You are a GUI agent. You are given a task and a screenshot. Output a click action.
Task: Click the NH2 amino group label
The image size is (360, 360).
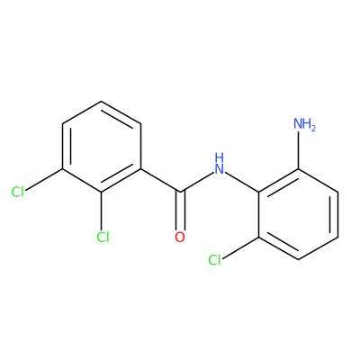(304, 124)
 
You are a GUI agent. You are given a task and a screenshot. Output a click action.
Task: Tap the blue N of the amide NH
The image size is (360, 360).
(220, 168)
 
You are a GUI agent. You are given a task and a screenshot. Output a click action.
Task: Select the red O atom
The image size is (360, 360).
(180, 237)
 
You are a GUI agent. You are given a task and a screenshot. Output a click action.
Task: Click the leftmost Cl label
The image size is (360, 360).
(18, 192)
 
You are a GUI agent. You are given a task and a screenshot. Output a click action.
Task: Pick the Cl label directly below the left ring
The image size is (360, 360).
(103, 237)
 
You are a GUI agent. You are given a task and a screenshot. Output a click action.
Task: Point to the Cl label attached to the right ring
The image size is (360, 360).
(214, 260)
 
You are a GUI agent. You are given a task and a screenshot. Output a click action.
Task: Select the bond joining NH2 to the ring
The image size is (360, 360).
(299, 150)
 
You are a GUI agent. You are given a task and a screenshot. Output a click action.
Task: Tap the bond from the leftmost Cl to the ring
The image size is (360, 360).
(44, 180)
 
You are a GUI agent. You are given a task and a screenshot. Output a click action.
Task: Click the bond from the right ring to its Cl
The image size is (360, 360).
(240, 248)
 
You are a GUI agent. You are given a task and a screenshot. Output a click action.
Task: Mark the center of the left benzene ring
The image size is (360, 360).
(102, 147)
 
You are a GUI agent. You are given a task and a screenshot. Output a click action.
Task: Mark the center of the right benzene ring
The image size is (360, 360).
(299, 214)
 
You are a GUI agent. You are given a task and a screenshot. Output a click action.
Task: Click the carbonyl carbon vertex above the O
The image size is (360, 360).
(180, 192)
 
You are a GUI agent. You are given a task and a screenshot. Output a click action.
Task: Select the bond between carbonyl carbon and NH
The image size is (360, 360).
(197, 182)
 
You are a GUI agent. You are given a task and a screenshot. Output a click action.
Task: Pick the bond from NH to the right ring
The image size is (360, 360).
(242, 182)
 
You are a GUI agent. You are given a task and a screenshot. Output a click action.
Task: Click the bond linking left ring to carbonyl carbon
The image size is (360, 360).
(160, 180)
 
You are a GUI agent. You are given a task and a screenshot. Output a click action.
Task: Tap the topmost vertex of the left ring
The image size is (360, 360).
(102, 102)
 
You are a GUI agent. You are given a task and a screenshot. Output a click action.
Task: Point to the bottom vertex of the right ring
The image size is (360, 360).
(299, 260)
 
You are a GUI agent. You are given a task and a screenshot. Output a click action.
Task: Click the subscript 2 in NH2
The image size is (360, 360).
(313, 129)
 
